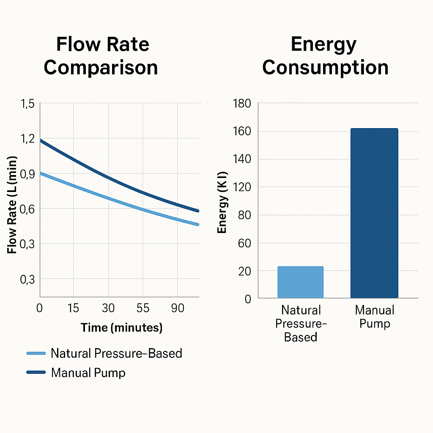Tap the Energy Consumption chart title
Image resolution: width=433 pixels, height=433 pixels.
[325, 56]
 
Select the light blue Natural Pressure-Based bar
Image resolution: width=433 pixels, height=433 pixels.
[300, 282]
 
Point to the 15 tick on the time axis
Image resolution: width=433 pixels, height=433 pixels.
[74, 308]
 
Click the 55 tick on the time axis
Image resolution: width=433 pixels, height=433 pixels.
[143, 308]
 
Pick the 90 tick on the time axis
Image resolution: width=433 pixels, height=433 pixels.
[178, 308]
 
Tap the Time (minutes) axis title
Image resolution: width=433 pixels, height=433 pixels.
[121, 328]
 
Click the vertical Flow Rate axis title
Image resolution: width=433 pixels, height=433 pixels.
[12, 205]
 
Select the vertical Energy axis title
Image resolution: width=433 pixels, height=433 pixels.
[222, 202]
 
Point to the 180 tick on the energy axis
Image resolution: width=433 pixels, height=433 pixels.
[242, 104]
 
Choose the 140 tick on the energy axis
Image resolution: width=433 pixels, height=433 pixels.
[242, 159]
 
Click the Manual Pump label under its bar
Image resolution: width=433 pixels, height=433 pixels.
[374, 317]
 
